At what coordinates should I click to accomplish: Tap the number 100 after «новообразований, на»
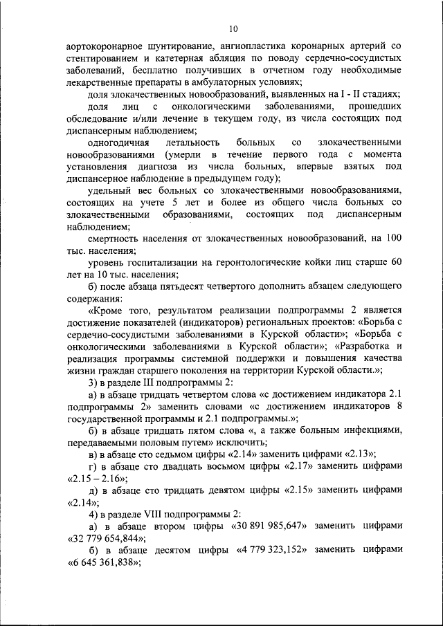[393, 239]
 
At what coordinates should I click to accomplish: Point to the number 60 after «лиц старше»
[396, 263]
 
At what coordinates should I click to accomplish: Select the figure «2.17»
[277, 466]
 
